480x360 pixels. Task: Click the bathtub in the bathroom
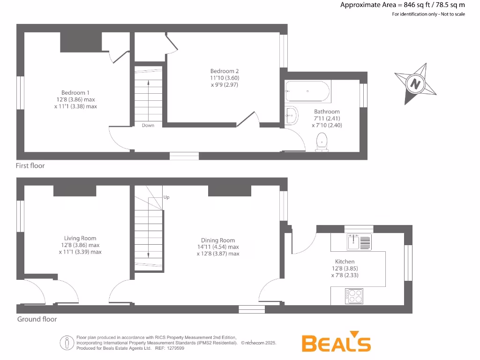coord(307,91)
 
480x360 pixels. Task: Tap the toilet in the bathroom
coord(322,142)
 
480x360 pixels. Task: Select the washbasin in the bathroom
coord(291,115)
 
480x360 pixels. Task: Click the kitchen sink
coord(359,242)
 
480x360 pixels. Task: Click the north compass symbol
coord(415,84)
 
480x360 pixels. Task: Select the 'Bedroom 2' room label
coord(225,71)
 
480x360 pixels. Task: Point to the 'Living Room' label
coord(80,238)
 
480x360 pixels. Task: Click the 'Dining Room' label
coord(218,240)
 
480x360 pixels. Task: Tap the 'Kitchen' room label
coord(345,262)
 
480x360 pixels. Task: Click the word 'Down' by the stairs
coord(148,125)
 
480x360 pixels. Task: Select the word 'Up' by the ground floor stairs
coord(166,197)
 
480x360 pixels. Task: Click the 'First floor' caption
coord(30,165)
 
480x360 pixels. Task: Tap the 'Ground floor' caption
coord(37,319)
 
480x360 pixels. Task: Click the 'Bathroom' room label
coord(327,112)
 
